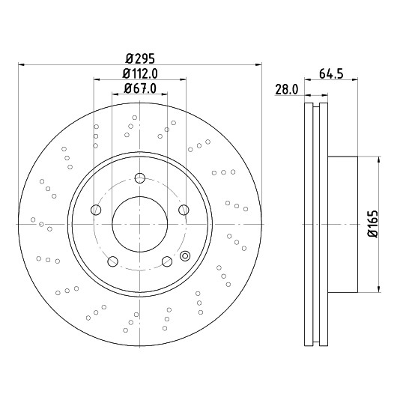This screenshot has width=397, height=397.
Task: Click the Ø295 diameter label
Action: (140, 59)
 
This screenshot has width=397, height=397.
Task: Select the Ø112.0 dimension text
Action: (140, 73)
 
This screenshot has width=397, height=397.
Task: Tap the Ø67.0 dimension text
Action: (140, 88)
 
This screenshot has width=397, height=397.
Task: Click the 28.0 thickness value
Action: (287, 90)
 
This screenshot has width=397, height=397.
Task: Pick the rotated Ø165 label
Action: (372, 224)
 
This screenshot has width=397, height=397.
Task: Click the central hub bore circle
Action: (140, 224)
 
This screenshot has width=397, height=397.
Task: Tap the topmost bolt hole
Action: (140, 178)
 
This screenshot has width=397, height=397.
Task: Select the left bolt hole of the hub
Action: (96, 210)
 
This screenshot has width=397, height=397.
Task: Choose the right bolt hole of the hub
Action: (184, 210)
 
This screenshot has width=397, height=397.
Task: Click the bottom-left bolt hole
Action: (112, 261)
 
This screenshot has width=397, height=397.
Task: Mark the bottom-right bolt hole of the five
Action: (167, 261)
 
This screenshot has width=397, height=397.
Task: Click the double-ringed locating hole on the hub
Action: (185, 255)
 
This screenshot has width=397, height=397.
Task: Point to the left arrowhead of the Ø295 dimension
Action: (22, 65)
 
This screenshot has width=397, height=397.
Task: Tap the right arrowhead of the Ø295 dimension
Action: (258, 65)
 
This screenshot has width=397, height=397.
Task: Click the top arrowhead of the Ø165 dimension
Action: (379, 160)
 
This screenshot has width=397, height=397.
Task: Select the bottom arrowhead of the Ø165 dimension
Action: (379, 289)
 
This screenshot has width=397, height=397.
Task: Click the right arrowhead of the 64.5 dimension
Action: (355, 79)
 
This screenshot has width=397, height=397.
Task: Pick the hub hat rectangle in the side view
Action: (343, 224)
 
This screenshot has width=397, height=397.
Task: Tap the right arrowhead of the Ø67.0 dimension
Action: (164, 94)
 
